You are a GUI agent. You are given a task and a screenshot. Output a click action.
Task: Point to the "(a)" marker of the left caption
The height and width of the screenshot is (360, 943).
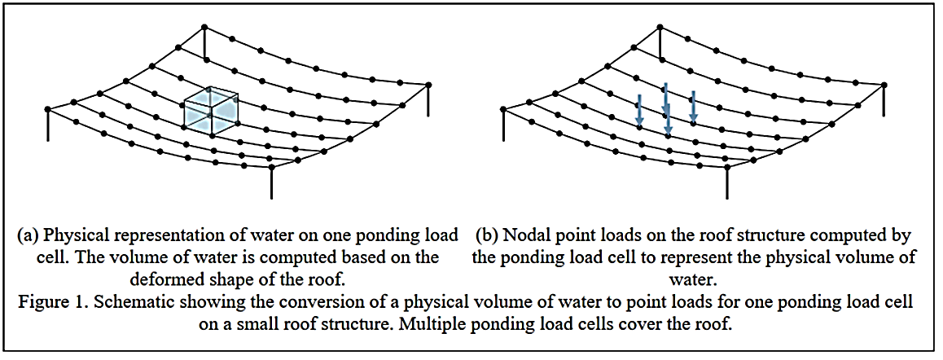[x=29, y=236]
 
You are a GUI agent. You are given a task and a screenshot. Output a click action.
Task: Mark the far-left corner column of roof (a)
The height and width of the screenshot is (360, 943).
[x=48, y=121]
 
